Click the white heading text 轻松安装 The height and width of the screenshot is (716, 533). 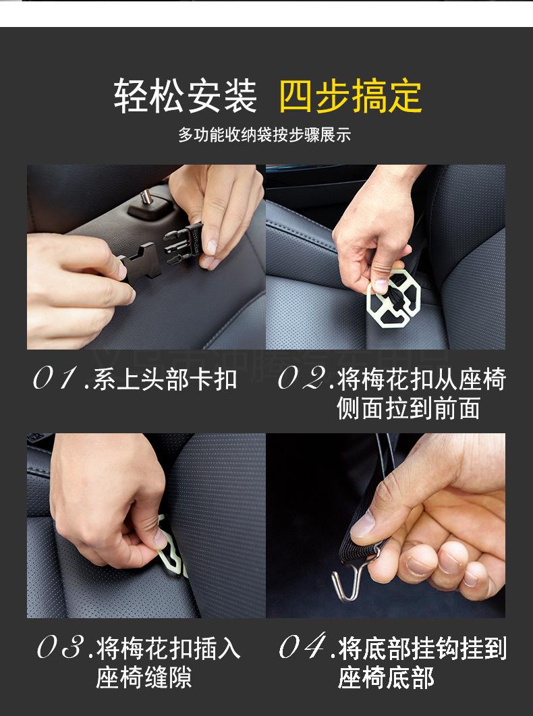click(x=185, y=96)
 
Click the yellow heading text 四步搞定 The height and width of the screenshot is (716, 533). click(x=350, y=96)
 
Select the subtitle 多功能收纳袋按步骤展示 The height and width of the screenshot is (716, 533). click(x=264, y=135)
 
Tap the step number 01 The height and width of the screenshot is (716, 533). click(x=54, y=379)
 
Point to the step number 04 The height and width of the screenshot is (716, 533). click(x=302, y=646)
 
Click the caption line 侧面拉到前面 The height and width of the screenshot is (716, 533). click(x=408, y=408)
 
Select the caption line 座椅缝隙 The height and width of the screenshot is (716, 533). click(x=144, y=677)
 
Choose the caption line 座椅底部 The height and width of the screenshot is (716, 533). click(x=386, y=677)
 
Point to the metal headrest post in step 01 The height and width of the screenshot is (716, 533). click(x=146, y=197)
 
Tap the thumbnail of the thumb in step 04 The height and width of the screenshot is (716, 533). click(x=363, y=524)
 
